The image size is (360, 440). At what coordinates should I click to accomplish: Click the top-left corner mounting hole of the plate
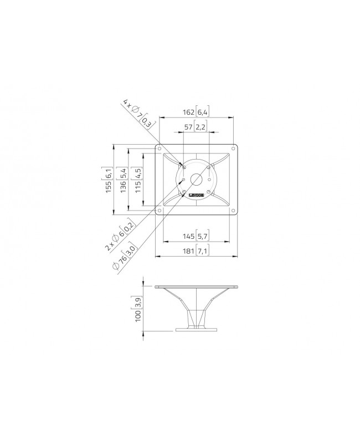tap(160, 149)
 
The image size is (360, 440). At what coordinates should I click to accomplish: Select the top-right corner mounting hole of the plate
tap(233, 149)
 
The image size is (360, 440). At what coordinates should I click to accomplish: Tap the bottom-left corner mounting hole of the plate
tap(160, 211)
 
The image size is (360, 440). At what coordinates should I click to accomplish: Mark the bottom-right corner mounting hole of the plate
tap(233, 211)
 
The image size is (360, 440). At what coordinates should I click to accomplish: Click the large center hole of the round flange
tap(196, 180)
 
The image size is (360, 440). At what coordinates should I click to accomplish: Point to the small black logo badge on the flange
tap(196, 196)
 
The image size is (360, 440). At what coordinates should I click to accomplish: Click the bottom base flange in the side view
tap(196, 330)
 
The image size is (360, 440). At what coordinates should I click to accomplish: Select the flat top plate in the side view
tap(196, 287)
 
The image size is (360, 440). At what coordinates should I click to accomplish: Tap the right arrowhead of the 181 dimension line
tap(236, 257)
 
